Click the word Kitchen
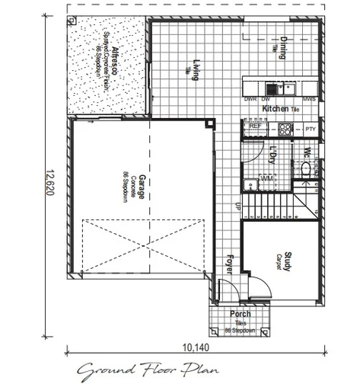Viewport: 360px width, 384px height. pyautogui.click(x=275, y=109)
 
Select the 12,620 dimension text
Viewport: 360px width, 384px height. pyautogui.click(x=48, y=181)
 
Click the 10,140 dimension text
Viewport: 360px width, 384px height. pyautogui.click(x=193, y=347)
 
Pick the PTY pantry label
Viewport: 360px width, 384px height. pyautogui.click(x=310, y=130)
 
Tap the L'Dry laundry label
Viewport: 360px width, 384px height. pyautogui.click(x=272, y=155)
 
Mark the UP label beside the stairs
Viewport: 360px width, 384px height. pyautogui.click(x=237, y=206)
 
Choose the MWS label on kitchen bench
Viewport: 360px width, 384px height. pyautogui.click(x=309, y=99)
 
